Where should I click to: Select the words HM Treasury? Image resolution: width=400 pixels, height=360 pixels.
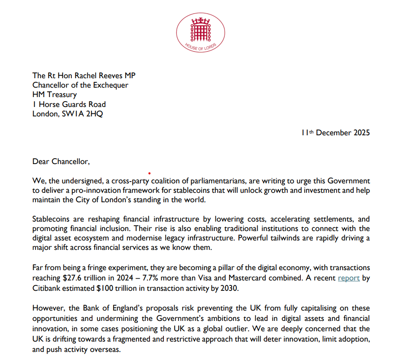click(x=54, y=95)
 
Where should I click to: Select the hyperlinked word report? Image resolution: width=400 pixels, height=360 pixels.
click(x=349, y=278)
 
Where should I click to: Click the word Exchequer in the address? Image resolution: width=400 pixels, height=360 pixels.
click(x=106, y=85)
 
